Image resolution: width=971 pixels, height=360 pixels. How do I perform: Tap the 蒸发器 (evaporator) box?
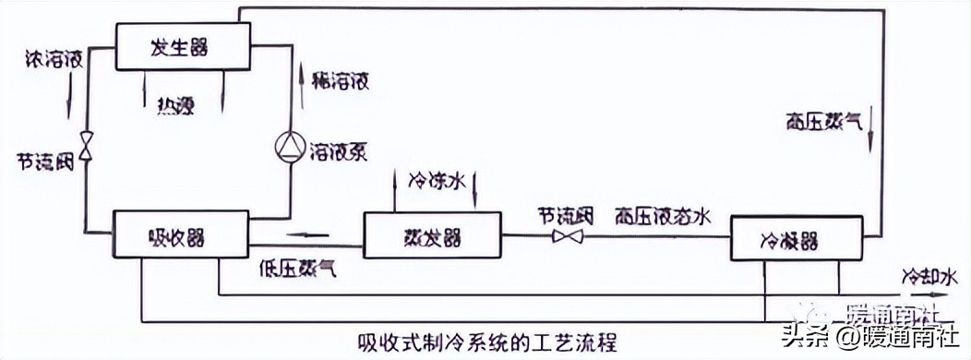(432, 236)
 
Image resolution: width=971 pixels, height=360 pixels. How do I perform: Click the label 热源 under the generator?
(177, 103)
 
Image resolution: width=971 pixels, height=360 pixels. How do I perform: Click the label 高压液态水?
(662, 216)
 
